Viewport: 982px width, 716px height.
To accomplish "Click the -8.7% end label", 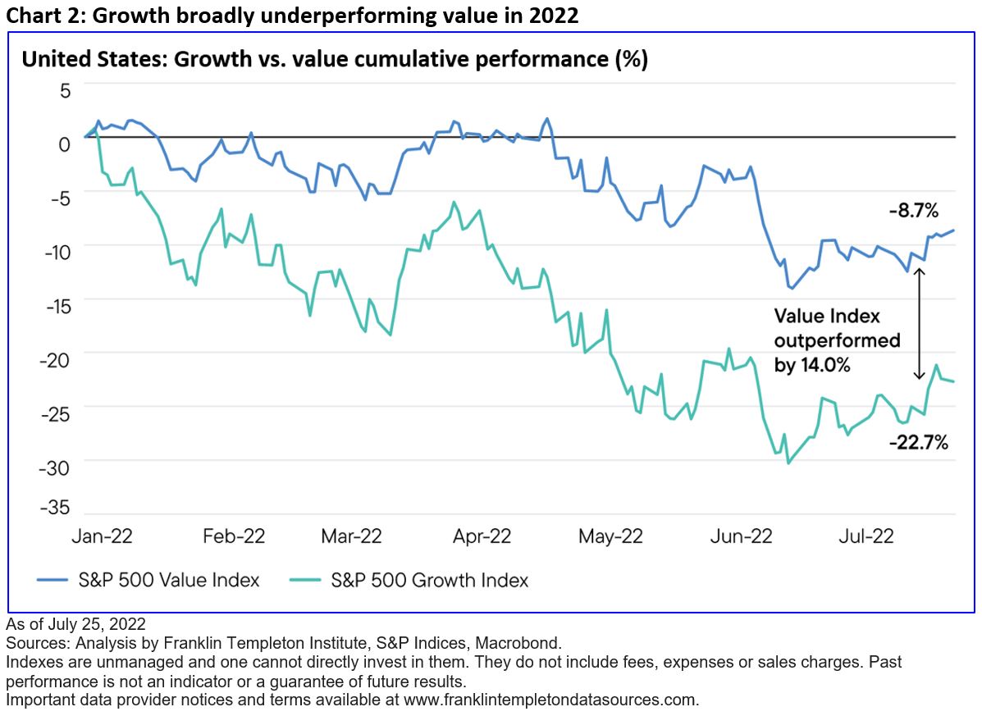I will tap(913, 211).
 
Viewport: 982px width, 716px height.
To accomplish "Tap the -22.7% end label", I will tap(918, 443).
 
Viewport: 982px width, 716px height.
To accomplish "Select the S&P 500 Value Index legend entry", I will tap(148, 581).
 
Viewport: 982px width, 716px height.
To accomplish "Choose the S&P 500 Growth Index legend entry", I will tap(410, 581).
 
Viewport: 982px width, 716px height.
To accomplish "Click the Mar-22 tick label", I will tap(351, 536).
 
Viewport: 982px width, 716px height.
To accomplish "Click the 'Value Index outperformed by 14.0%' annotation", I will tap(837, 340).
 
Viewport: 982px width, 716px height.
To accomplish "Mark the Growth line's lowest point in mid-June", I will tap(788, 463).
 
